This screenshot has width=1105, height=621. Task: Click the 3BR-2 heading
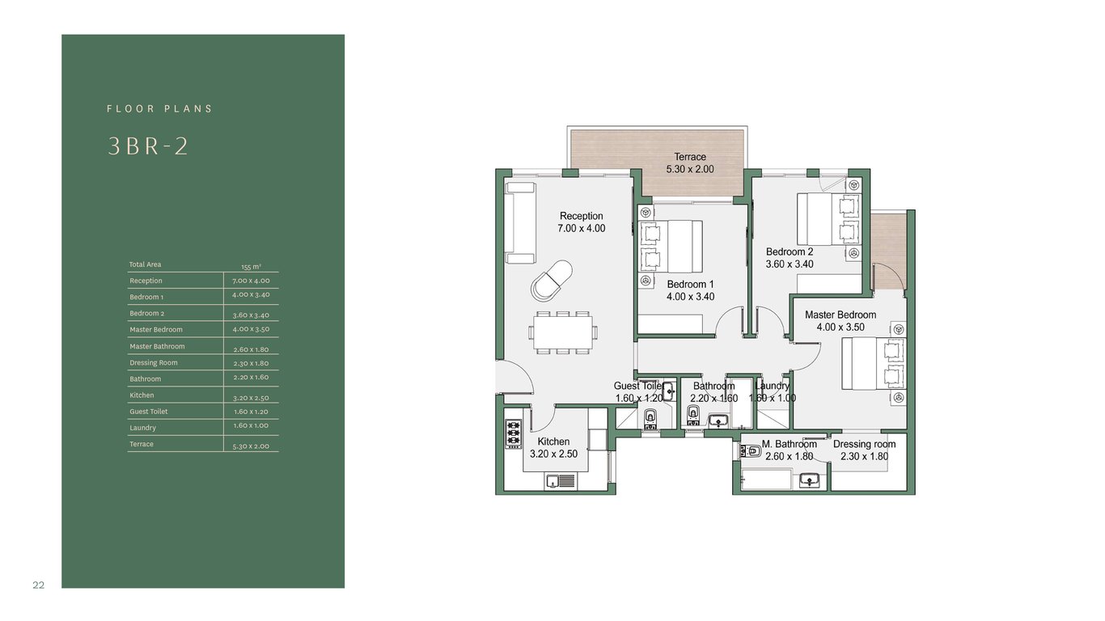(x=147, y=146)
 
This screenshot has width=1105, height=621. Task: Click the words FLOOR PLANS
(x=159, y=108)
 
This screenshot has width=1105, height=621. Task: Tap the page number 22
(x=39, y=585)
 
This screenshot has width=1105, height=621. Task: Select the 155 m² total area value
(x=251, y=267)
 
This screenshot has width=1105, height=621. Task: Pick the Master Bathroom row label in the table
(x=157, y=346)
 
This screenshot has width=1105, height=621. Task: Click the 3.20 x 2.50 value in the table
(x=251, y=398)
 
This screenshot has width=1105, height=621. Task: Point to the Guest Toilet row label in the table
(x=149, y=412)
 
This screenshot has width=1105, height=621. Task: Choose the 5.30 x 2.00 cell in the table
(x=251, y=446)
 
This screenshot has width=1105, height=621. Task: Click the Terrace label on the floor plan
(x=690, y=157)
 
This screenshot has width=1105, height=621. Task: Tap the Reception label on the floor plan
(x=581, y=216)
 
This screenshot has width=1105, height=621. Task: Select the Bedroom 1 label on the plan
(x=690, y=284)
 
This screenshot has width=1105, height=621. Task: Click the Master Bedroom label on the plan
(x=840, y=315)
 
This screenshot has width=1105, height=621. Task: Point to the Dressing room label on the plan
(x=864, y=444)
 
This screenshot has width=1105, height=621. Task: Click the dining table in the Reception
(x=563, y=332)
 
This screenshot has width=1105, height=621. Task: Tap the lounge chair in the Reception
(x=552, y=280)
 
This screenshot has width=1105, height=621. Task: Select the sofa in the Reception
(x=520, y=223)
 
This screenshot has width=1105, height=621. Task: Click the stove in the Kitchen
(x=513, y=433)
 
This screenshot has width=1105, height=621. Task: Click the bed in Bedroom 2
(x=828, y=219)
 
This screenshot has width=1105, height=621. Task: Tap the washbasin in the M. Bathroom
(x=809, y=480)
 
